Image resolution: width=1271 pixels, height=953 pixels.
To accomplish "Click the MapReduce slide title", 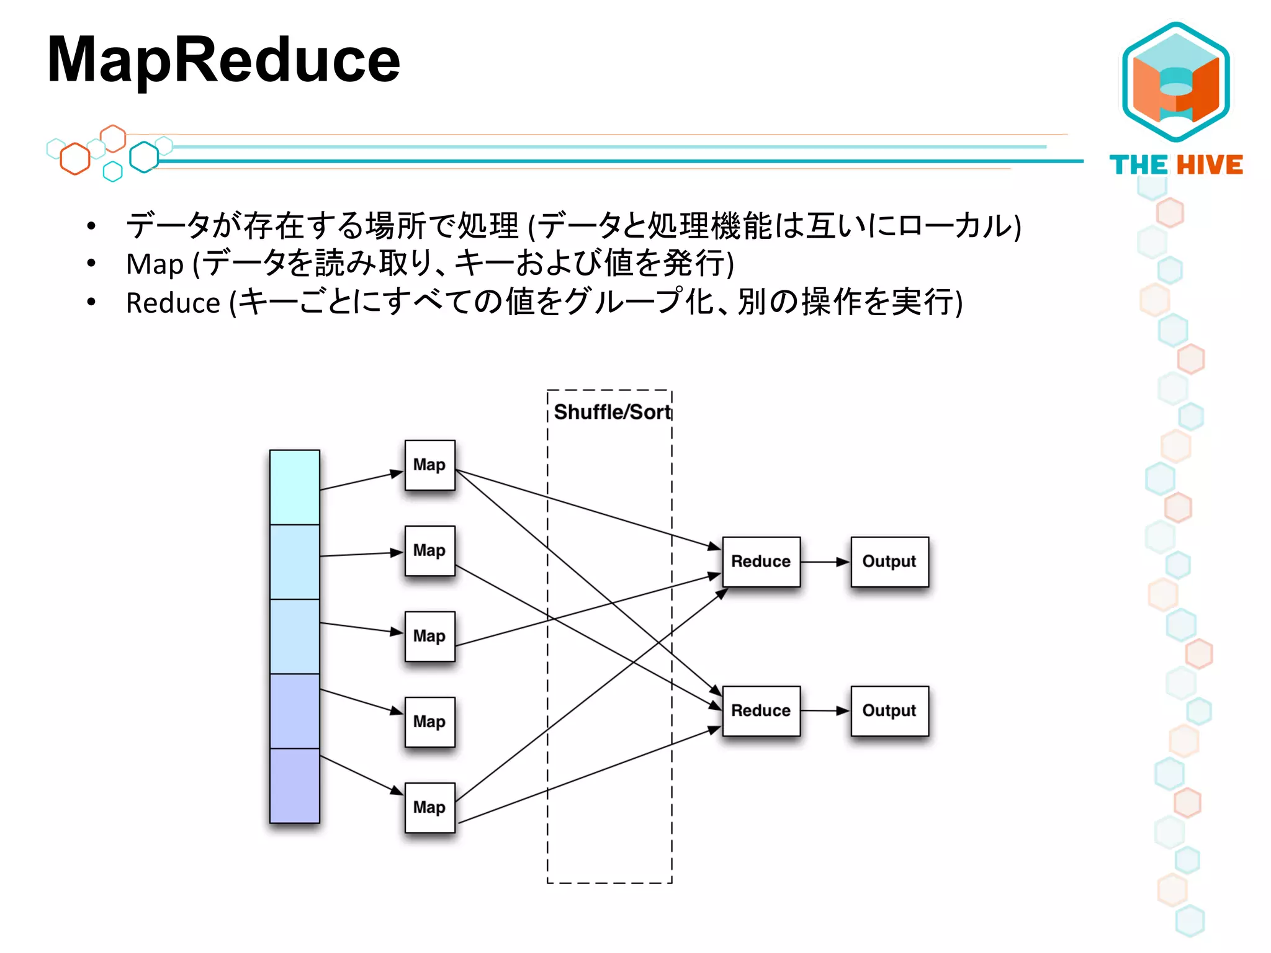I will (223, 60).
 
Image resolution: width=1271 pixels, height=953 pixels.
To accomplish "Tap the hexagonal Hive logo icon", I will (1175, 82).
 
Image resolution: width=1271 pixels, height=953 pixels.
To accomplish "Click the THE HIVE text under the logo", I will (1175, 165).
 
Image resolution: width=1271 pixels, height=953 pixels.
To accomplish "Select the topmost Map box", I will (429, 465).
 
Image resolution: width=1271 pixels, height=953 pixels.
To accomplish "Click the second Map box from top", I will (429, 551).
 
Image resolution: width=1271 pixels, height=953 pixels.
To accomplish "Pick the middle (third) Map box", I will (429, 637).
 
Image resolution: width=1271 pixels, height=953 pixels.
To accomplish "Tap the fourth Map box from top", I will (429, 722).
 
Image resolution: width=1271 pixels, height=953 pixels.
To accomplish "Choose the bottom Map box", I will (429, 808).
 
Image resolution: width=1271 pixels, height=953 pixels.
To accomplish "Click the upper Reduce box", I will (761, 562).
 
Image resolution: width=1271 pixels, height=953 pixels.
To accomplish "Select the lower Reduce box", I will (761, 711).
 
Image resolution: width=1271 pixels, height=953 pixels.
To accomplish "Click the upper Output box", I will (889, 562).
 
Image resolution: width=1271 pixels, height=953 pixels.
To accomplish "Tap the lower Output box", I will (889, 711).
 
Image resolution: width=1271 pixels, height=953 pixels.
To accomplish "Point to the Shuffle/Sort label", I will (612, 412).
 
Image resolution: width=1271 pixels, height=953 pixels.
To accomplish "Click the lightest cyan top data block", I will (295, 488).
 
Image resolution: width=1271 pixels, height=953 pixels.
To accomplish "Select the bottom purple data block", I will (295, 785).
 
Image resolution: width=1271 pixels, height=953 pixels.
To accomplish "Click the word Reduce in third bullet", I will (173, 303).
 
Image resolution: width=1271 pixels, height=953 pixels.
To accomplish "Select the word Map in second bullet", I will (155, 264).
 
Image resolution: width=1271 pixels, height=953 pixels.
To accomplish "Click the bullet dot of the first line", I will (91, 226).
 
